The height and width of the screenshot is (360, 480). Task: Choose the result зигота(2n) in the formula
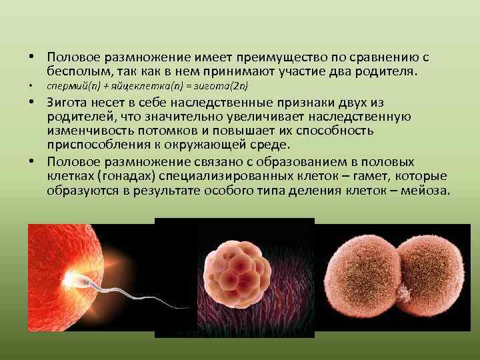(x=219, y=86)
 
